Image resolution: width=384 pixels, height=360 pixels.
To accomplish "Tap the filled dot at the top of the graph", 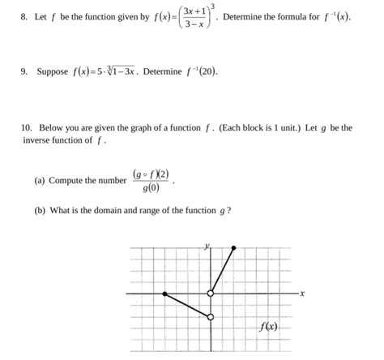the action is coord(234,246).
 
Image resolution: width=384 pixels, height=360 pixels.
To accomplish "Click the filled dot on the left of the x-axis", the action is coord(164,293).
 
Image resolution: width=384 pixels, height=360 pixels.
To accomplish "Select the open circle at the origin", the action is coord(211,293).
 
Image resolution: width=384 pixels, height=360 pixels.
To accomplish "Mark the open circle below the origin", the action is coord(211,316).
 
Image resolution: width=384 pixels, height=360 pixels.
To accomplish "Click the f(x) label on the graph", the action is coord(268,327).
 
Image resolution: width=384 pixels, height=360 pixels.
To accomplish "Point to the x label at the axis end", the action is coord(302,293).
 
